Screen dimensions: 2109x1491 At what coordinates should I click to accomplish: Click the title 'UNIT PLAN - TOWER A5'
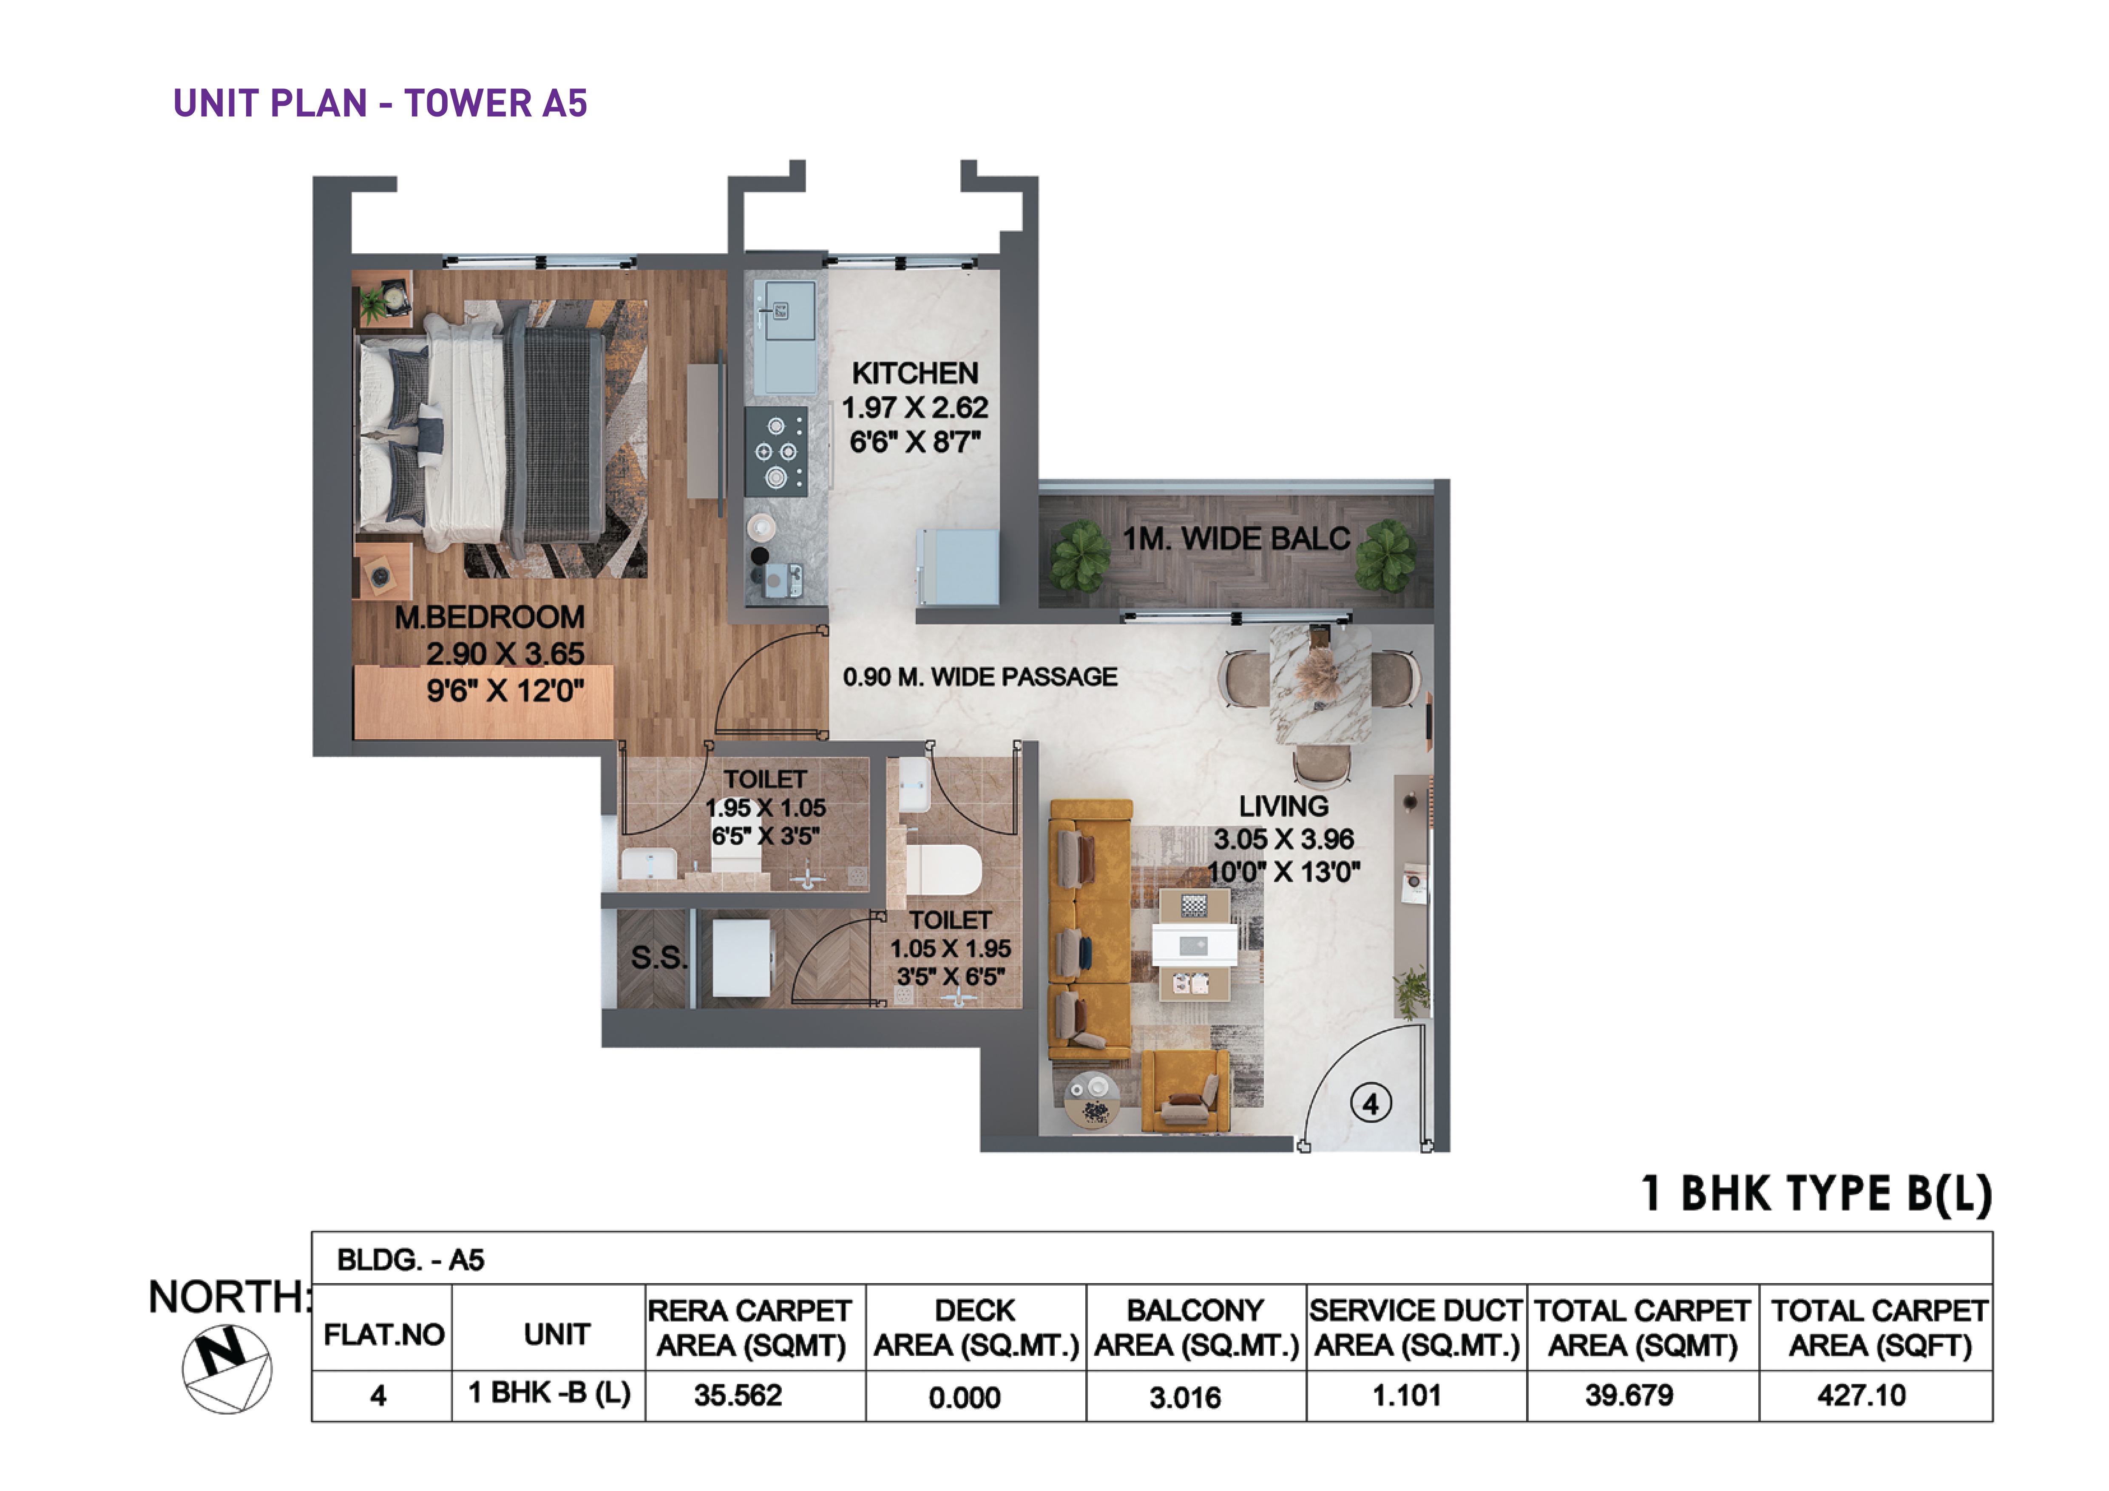pos(380,103)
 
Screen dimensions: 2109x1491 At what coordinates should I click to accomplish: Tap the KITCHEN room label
pos(915,374)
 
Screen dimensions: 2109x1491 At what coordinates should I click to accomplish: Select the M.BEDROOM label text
pos(490,617)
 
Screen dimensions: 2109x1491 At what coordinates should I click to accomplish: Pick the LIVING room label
pos(1283,806)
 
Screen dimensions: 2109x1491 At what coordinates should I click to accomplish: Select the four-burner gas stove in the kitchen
pos(776,451)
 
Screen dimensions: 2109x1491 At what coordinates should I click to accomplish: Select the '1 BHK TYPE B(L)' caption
pos(1817,1193)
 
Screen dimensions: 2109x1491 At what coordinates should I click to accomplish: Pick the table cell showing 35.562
pos(738,1395)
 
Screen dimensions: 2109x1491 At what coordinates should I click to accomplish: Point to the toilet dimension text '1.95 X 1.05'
pos(765,808)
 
